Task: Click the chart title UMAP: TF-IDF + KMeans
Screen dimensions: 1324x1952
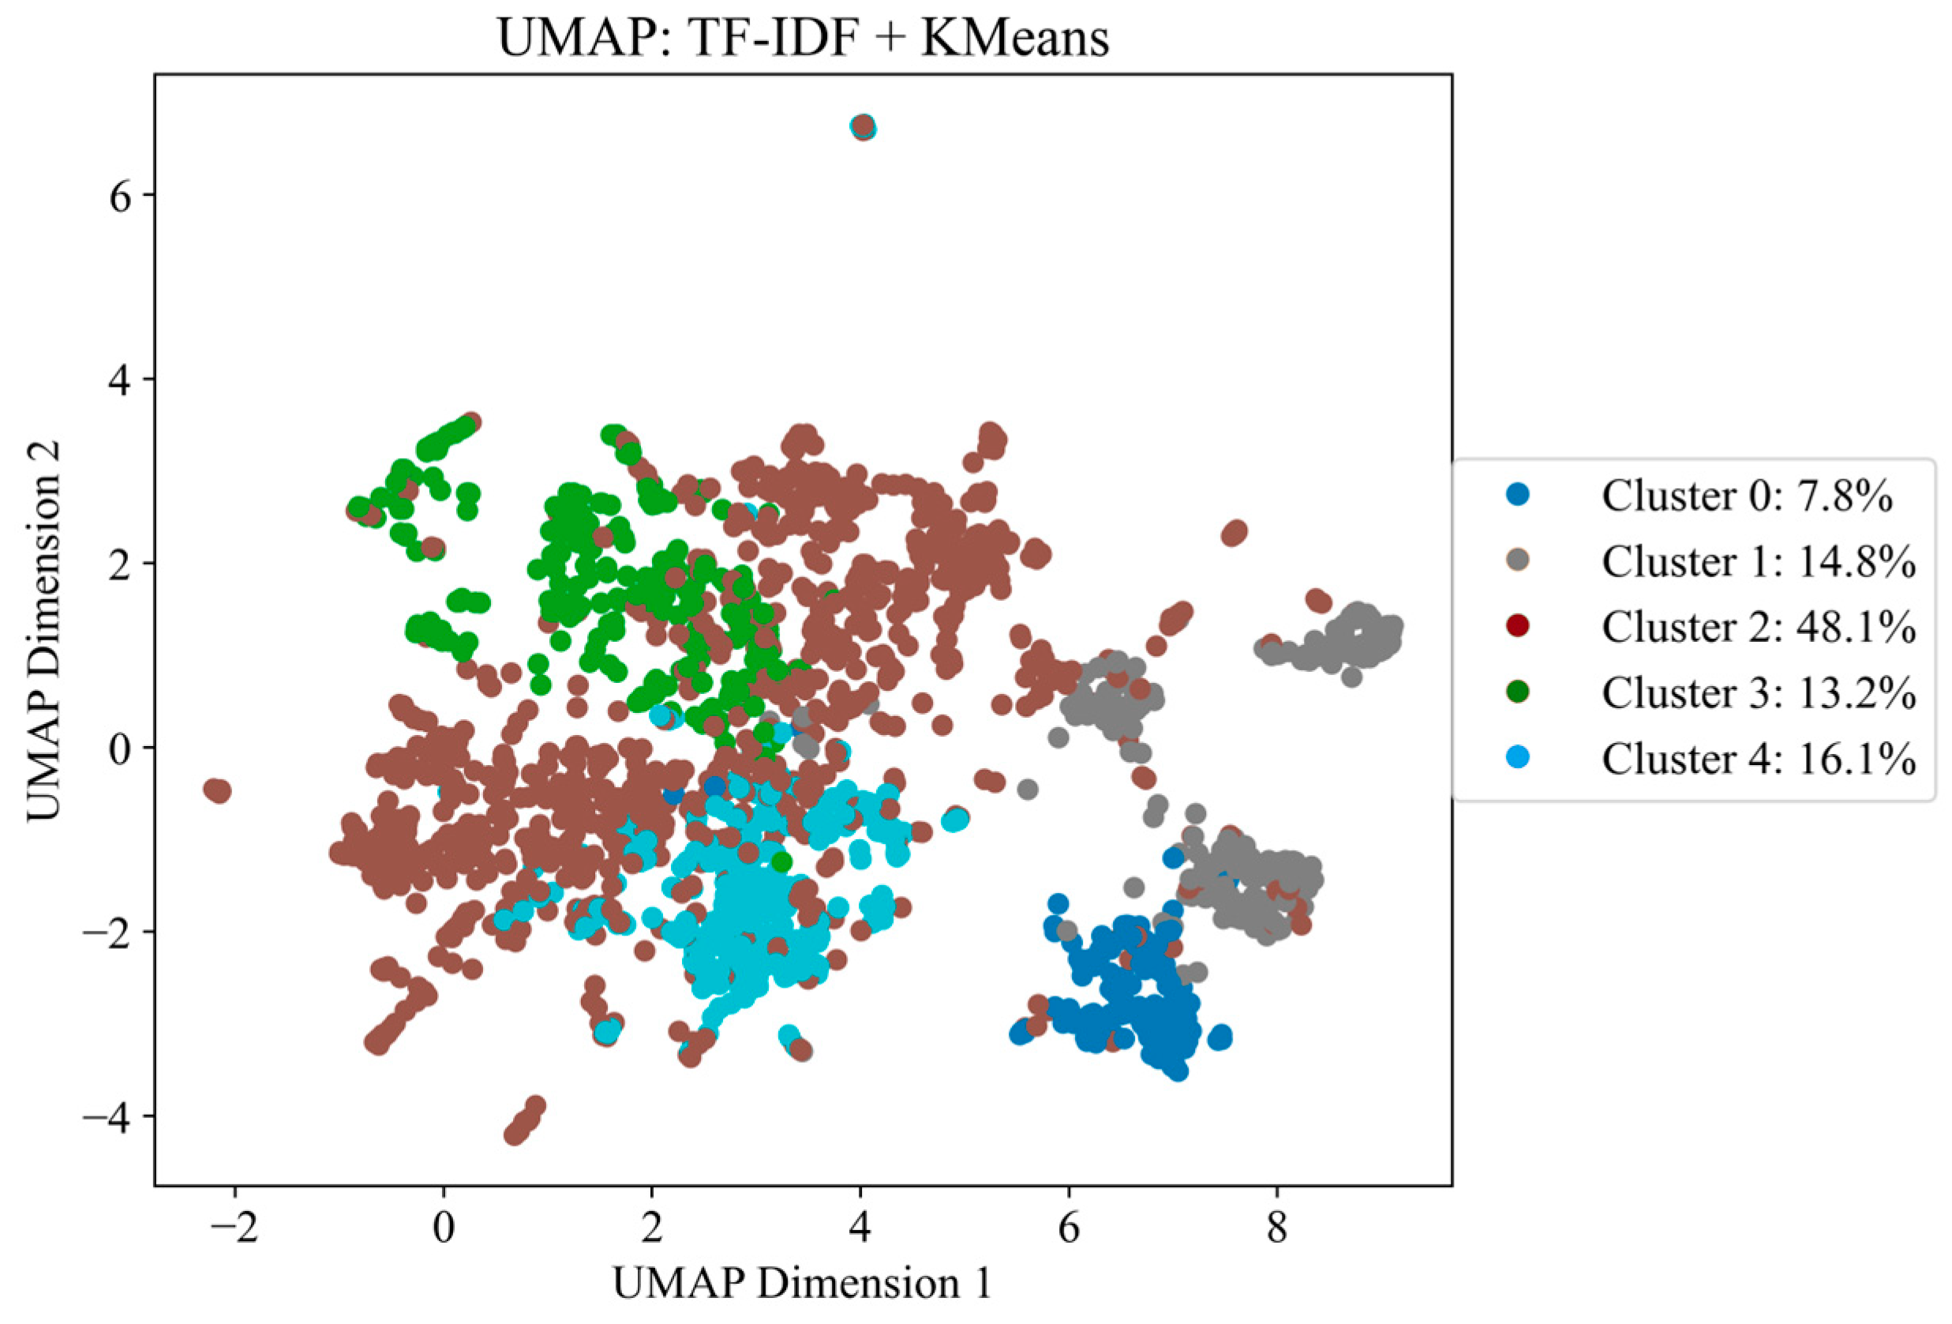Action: [804, 39]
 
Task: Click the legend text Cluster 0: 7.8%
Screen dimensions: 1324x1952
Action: [1747, 496]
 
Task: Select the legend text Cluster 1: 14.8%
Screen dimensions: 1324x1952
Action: [1759, 561]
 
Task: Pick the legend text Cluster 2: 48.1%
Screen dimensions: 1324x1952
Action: [1759, 627]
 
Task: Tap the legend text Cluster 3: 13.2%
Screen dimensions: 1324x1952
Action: [1759, 692]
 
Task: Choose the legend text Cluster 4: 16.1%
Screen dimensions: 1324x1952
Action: [1759, 758]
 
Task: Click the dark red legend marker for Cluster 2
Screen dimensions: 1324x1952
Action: [1518, 626]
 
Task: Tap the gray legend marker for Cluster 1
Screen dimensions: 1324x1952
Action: [1518, 561]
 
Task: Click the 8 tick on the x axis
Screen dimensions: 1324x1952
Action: [1276, 1228]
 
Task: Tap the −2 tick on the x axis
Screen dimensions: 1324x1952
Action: [234, 1228]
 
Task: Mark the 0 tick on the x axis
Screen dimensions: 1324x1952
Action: [444, 1228]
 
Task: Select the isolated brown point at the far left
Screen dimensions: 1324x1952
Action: [218, 790]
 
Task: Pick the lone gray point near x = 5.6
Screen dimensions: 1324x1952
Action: [1027, 789]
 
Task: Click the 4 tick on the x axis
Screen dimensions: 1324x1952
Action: [860, 1228]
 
